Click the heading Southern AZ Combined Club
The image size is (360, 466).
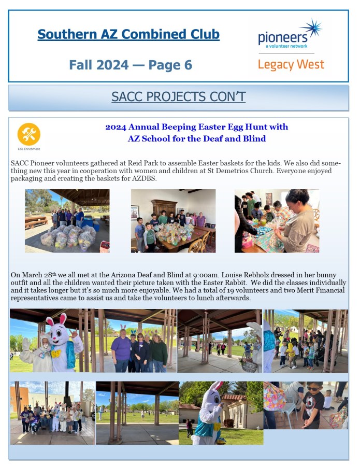pos(128,35)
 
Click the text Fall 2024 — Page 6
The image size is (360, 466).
pos(130,65)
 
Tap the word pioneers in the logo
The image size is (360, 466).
pos(282,38)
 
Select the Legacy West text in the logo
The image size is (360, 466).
pos(291,65)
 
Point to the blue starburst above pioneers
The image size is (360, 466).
pos(312,27)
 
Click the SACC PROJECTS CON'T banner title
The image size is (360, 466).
pos(178,97)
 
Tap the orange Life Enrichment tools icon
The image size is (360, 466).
pos(28,134)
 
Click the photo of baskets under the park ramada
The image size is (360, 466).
pos(67,221)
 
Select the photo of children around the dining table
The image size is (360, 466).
pos(173,221)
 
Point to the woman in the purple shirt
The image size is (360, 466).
pos(121,350)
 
